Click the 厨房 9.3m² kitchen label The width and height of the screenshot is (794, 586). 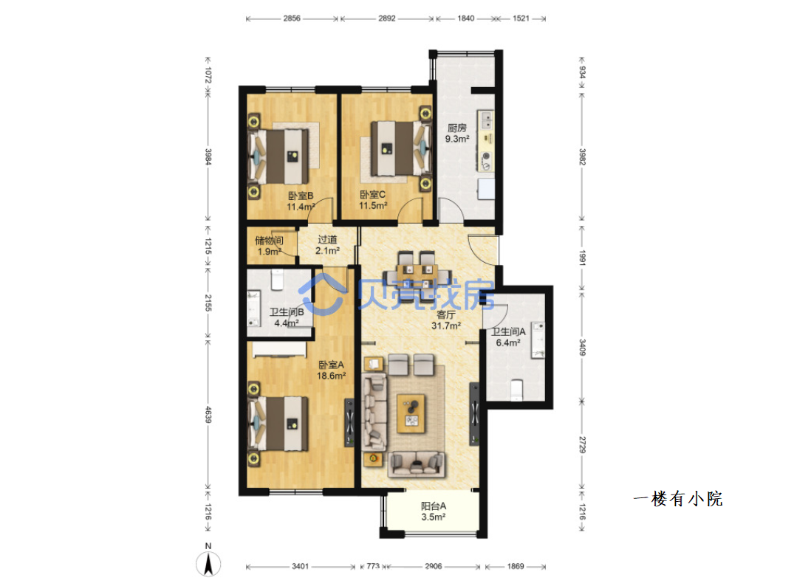tap(457, 134)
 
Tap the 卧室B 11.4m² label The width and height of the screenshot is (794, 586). tap(301, 201)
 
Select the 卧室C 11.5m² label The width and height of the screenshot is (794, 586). tap(373, 200)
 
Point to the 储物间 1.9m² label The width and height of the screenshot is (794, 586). tap(269, 246)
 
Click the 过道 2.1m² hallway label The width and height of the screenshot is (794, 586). tap(327, 245)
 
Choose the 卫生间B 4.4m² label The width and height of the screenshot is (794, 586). tap(286, 318)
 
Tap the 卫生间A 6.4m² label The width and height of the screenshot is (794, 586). tap(508, 337)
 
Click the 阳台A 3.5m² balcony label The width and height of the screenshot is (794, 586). tap(434, 511)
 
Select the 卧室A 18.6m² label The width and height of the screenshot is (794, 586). tap(331, 370)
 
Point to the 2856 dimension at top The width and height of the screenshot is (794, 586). tap(292, 18)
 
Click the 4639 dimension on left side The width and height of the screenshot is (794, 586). tap(208, 415)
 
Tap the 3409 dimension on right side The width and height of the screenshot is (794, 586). tap(582, 347)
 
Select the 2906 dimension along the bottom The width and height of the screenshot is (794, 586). tap(434, 566)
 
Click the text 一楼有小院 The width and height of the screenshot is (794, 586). tap(678, 499)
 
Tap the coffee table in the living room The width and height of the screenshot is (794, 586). tap(411, 413)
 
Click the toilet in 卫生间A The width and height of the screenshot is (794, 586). tap(516, 390)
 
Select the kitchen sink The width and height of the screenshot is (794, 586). tap(485, 120)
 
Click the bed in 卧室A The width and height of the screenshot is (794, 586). tap(278, 423)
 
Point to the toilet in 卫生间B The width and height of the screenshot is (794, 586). tap(276, 280)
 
